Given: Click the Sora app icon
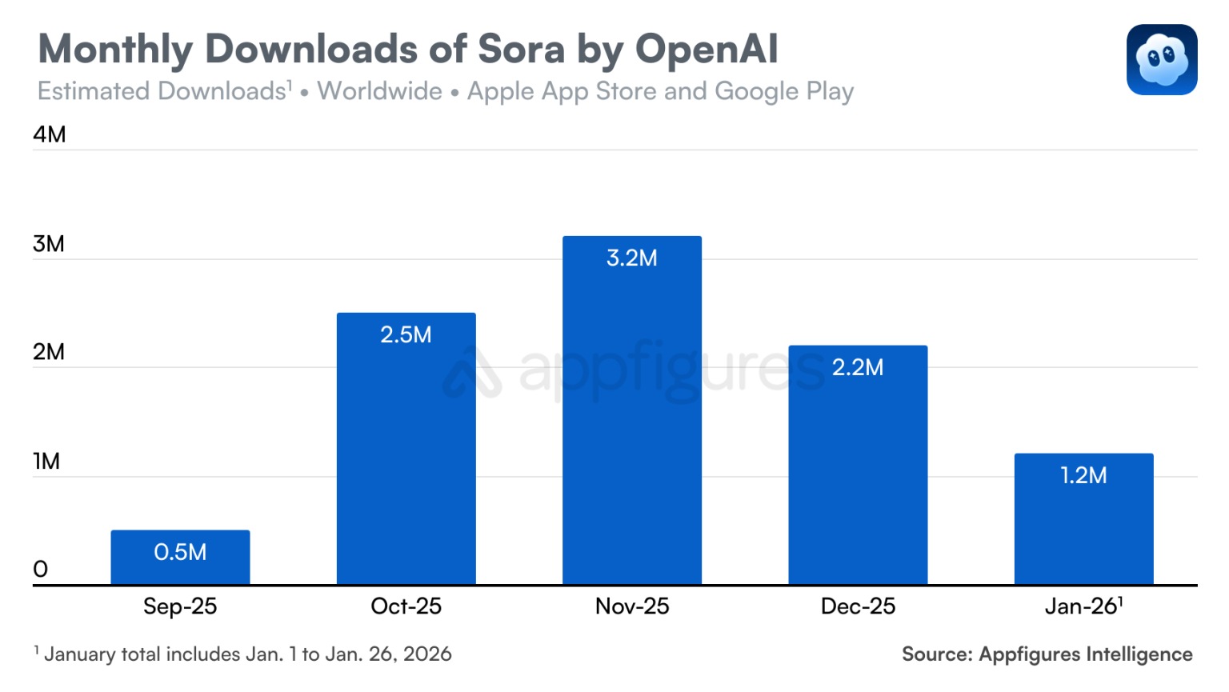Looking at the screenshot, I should [x=1161, y=60].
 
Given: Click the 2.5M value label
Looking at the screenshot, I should [x=406, y=334].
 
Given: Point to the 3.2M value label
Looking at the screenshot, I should [x=631, y=258].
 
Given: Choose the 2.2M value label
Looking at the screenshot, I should [x=858, y=367].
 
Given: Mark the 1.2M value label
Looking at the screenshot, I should [x=1083, y=475].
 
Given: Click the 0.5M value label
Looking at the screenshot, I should [x=180, y=552].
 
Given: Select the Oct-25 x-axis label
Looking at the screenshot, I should [x=406, y=606].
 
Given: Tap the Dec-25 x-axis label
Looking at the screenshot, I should [x=858, y=606].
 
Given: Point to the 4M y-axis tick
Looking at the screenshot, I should [x=49, y=134].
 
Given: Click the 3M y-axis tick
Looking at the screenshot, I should [x=49, y=244].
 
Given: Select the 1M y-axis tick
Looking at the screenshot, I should [x=46, y=462].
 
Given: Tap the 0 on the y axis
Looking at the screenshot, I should [x=41, y=570].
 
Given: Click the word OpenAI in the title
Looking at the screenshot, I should [x=706, y=49].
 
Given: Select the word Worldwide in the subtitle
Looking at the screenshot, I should [x=379, y=91].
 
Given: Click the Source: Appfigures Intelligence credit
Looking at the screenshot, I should [x=1047, y=654].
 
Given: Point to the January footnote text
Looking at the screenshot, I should [x=243, y=654].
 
